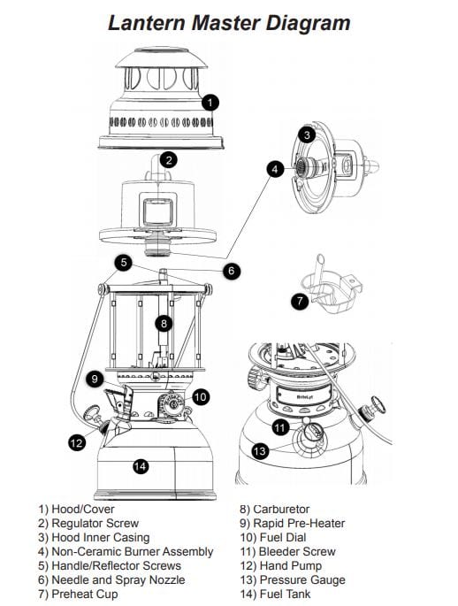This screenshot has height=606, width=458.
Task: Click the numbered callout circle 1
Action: pyautogui.click(x=210, y=103)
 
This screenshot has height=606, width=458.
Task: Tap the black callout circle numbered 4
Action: pyautogui.click(x=275, y=169)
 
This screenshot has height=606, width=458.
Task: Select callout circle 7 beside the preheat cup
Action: pyautogui.click(x=300, y=300)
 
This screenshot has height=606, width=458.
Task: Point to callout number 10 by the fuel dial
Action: pyautogui.click(x=200, y=397)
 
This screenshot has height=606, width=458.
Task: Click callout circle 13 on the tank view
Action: pyautogui.click(x=260, y=451)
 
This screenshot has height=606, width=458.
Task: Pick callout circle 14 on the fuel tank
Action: pyautogui.click(x=141, y=466)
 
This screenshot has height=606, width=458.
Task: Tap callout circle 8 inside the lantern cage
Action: pyautogui.click(x=164, y=323)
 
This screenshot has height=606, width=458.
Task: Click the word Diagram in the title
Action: pyautogui.click(x=308, y=23)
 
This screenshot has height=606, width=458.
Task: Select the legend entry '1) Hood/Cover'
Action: pyautogui.click(x=76, y=509)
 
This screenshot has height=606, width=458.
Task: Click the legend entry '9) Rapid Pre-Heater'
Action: pyautogui.click(x=292, y=524)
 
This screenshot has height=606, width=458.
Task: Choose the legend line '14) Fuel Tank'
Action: pyautogui.click(x=275, y=594)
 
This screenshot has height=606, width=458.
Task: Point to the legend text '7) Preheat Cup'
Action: pyautogui.click(x=78, y=594)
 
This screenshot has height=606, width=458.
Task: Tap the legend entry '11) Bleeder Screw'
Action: pyautogui.click(x=287, y=551)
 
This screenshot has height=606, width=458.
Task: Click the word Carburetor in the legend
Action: pyautogui.click(x=281, y=509)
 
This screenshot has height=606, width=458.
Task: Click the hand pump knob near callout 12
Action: pyautogui.click(x=92, y=413)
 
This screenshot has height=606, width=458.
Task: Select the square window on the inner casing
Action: pyautogui.click(x=157, y=211)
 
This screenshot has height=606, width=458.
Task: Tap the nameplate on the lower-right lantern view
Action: pyautogui.click(x=305, y=397)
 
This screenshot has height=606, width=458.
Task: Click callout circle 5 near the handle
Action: pyautogui.click(x=123, y=263)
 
